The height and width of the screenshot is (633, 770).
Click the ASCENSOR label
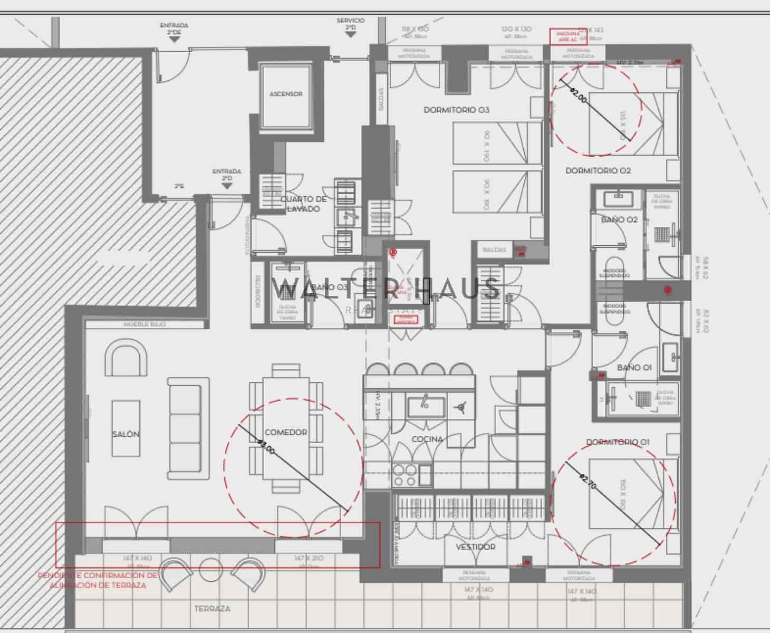pos(286,94)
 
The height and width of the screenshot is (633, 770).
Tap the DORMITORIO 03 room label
pos(456,110)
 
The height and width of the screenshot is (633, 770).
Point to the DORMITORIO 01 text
pos(618,442)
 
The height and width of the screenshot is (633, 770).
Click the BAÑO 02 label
pos(619,219)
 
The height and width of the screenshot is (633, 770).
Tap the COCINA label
pos(427,439)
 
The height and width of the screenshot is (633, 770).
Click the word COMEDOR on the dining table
pos(285,432)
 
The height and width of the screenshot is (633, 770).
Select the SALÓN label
pos(126,434)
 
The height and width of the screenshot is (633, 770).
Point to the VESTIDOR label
pos(475,547)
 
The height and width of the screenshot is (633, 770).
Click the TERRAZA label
pos(212,608)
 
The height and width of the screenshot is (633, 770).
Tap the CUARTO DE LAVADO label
pos(303,204)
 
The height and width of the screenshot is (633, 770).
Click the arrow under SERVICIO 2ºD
pos(350,35)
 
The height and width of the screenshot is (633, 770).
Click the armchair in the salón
pos(126,358)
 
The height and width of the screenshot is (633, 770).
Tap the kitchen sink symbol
pos(426,405)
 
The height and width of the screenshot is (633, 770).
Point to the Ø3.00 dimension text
pos(265,448)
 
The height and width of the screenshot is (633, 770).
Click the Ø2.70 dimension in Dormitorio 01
pos(588,482)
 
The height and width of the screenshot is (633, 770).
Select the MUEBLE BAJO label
pos(144,324)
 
